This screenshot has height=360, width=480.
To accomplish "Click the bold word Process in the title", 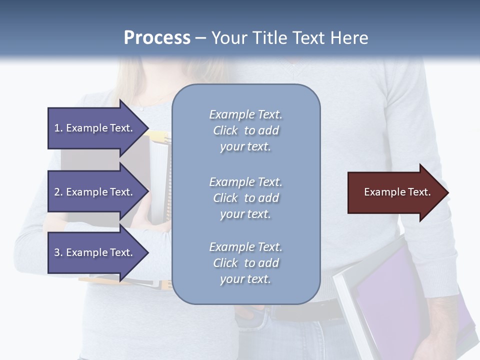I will click(x=157, y=38).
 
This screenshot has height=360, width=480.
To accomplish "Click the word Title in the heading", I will click(x=270, y=38).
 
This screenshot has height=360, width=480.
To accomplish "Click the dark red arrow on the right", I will click(x=395, y=192).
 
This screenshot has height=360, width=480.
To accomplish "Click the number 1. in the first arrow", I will click(x=58, y=128).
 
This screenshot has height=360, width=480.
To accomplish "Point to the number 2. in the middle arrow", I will click(x=58, y=192).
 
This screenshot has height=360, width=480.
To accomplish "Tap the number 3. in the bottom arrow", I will click(x=58, y=252).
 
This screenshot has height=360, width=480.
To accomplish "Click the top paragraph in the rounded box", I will click(x=245, y=130).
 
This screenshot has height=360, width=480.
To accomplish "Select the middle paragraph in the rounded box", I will click(x=245, y=198).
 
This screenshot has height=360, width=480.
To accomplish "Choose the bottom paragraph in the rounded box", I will click(x=245, y=263).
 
